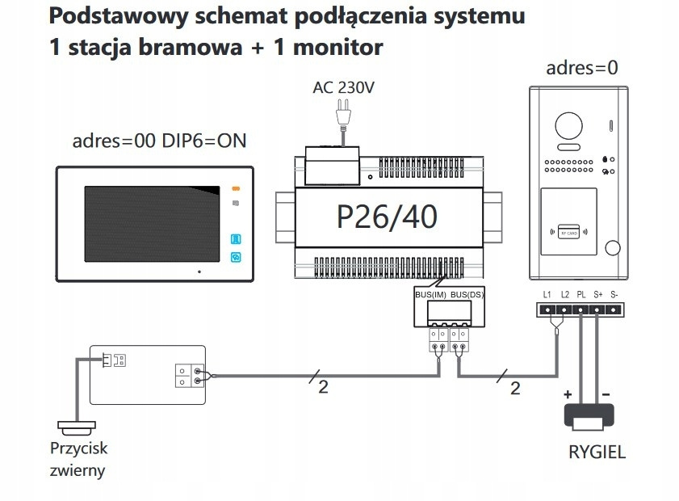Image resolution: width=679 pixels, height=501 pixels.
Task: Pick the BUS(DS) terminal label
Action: [466, 295]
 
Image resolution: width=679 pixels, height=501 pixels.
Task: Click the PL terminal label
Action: [581, 295]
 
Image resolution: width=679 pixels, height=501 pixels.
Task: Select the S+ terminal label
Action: [598, 295]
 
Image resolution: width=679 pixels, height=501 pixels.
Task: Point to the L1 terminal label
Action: [547, 295]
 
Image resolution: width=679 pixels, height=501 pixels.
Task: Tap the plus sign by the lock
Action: [568, 394]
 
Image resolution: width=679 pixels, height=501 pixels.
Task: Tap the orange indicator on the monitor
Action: [236, 187]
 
